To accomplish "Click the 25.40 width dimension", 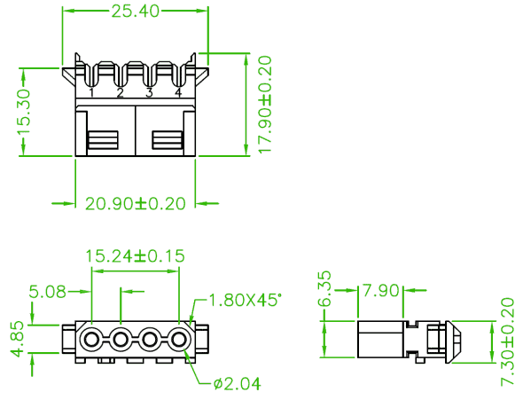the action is [x=135, y=12].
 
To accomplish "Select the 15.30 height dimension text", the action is [x=25, y=112].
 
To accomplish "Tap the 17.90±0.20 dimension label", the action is [x=266, y=105].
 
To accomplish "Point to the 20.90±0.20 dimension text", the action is [x=136, y=203].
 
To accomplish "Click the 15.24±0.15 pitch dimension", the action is [x=135, y=256].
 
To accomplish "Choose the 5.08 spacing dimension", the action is [x=48, y=292].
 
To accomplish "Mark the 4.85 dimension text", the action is [x=16, y=339].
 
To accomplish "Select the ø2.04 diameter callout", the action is [x=238, y=384].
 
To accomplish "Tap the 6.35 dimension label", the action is [x=324, y=288].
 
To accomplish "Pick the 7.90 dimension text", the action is [x=380, y=291].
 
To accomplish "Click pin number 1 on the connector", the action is [x=91, y=92].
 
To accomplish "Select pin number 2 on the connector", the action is [x=121, y=92].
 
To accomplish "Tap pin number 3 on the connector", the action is [x=149, y=92].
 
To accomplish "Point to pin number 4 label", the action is [x=178, y=92].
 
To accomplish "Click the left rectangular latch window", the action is [x=103, y=140].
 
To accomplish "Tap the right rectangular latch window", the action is [x=168, y=140].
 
